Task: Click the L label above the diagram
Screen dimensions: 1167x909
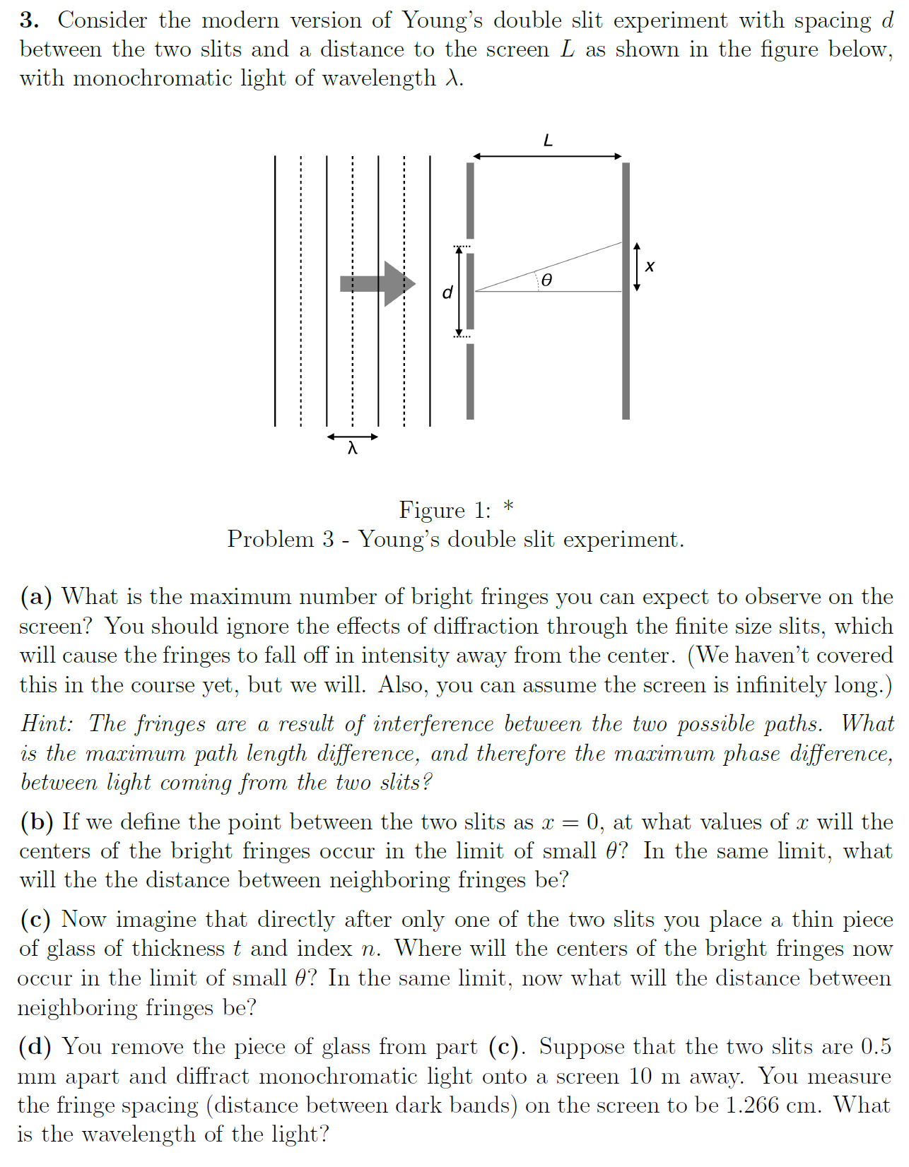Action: [548, 141]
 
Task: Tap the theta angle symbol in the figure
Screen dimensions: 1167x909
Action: [546, 280]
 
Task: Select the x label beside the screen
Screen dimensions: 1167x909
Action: [650, 266]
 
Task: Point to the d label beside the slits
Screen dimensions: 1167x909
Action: [447, 292]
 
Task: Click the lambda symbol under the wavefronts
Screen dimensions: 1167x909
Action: [352, 448]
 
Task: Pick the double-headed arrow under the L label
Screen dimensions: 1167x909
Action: [547, 156]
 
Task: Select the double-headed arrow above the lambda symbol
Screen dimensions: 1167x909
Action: [352, 437]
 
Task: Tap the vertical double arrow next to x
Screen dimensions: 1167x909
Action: [637, 267]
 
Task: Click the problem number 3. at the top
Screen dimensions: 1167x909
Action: [29, 20]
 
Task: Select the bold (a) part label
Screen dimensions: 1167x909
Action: [36, 597]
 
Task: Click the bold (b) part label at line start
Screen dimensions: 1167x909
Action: [37, 822]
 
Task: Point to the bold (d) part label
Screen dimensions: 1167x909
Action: [36, 1046]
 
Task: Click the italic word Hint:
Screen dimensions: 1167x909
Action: [47, 723]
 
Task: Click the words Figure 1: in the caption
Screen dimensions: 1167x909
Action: [445, 510]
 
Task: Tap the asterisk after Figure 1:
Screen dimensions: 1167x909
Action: [508, 507]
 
